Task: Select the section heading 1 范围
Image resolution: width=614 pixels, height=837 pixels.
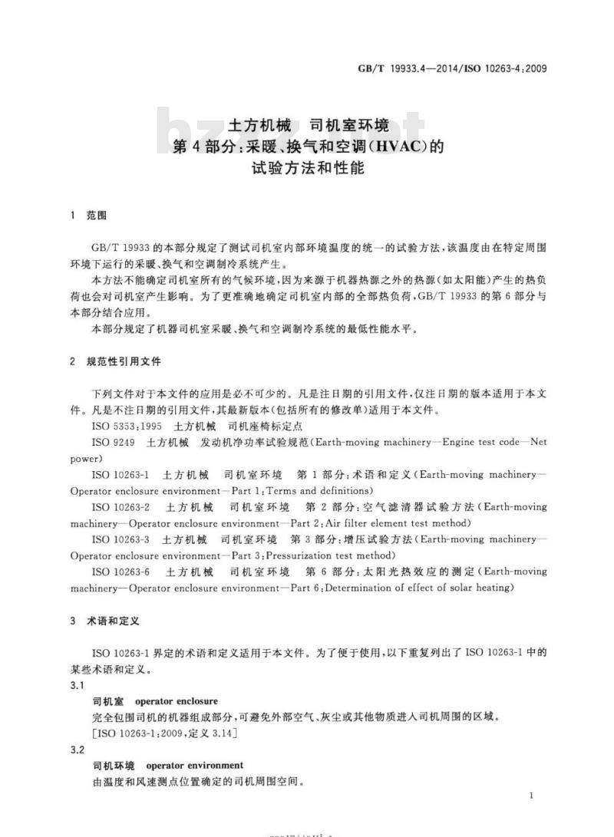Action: point(87,216)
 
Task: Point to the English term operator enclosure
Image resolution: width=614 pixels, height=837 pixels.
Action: point(177,701)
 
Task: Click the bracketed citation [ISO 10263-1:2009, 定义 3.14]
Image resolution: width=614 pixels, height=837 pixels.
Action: point(164,733)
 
